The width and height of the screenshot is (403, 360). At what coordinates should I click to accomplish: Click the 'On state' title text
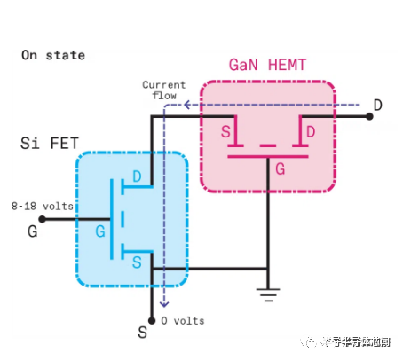click(53, 55)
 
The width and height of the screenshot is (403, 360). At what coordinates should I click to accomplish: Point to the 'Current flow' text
click(165, 90)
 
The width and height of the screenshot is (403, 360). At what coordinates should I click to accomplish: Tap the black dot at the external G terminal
click(42, 218)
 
